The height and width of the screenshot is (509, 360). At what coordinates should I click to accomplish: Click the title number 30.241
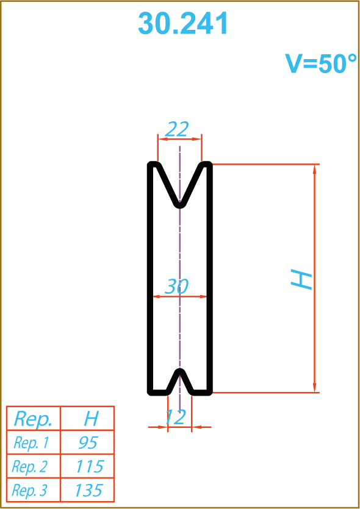click(183, 23)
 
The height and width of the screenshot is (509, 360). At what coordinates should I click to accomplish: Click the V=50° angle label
click(321, 63)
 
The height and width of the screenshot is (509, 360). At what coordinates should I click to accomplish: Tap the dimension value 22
click(177, 129)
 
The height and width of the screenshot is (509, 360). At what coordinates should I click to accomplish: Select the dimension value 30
click(176, 287)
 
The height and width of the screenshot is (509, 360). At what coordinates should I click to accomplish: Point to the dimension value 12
click(176, 417)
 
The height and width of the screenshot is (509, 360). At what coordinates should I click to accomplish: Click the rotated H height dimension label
click(301, 279)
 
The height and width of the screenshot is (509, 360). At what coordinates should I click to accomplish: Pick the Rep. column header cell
click(33, 419)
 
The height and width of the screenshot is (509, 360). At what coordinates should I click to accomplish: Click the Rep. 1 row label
click(31, 443)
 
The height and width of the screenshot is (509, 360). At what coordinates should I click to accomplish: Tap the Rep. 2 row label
click(29, 467)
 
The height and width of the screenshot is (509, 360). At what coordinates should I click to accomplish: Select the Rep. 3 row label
click(29, 490)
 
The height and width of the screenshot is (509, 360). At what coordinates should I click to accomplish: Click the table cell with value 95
click(88, 443)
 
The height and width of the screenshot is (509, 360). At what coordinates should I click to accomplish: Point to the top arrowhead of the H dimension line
click(314, 169)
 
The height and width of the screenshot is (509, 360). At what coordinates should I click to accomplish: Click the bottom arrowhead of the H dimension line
click(314, 388)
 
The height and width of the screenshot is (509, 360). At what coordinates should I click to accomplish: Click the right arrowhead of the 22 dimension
click(197, 139)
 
